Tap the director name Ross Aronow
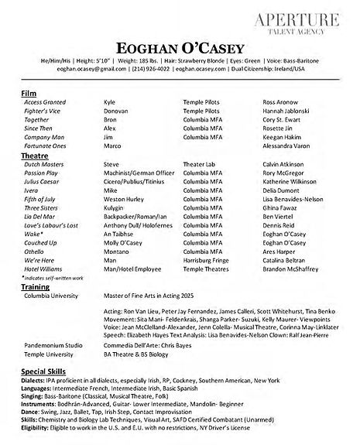(280, 102)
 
